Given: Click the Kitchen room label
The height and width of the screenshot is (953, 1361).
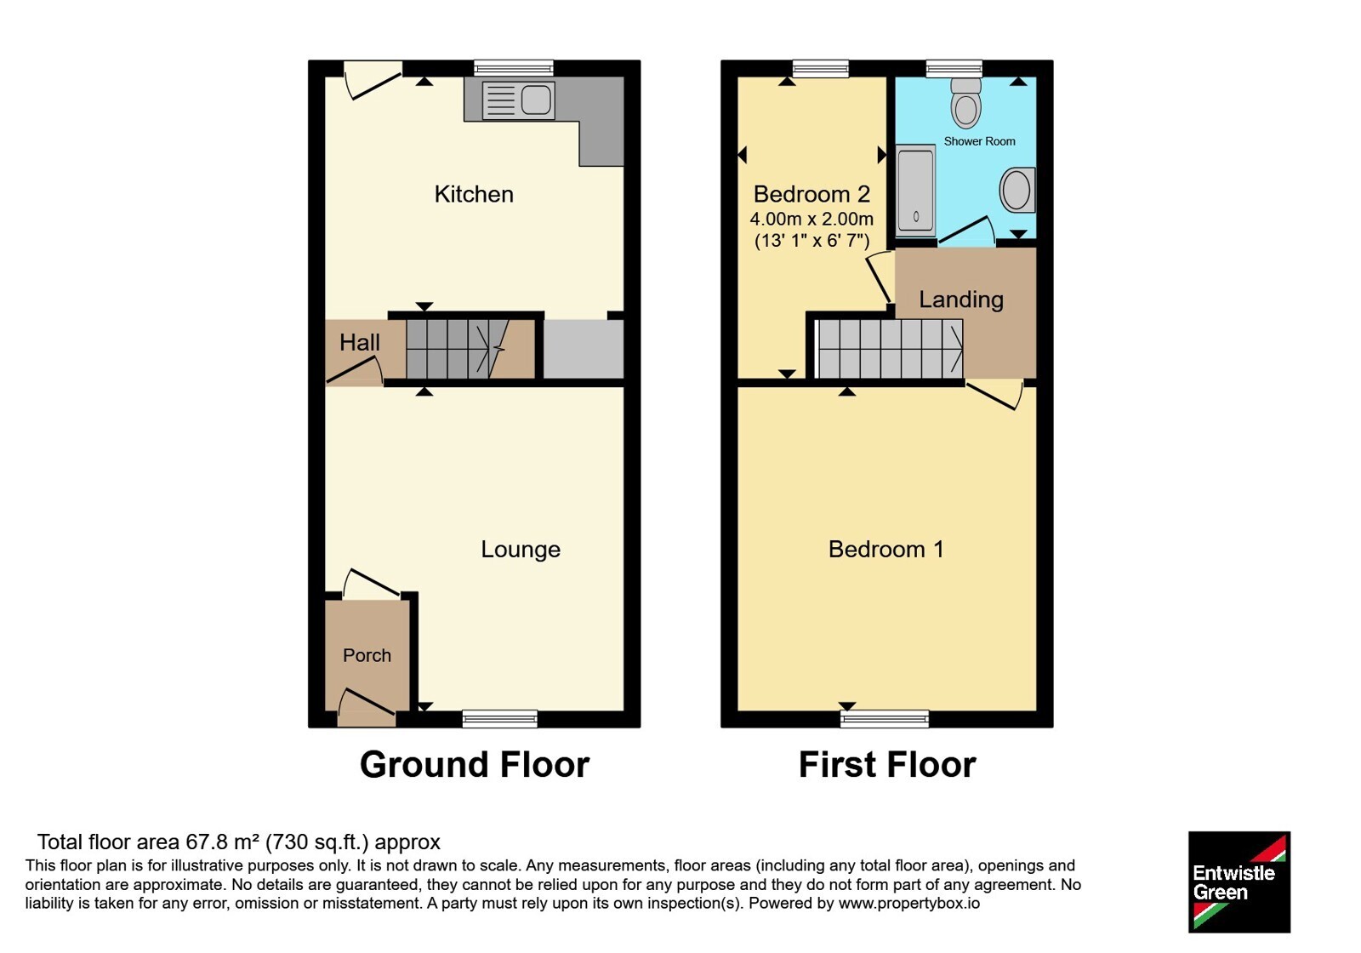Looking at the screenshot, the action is [x=474, y=195].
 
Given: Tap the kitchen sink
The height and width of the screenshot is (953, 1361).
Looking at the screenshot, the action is [x=518, y=100].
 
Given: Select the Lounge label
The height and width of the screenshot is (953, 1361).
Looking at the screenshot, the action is [x=521, y=550].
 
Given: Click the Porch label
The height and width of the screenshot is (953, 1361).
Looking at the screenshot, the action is [x=367, y=655].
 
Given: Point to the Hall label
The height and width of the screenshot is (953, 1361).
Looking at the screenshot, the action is [x=360, y=342].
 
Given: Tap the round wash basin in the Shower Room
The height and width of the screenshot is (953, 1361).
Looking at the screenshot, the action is [x=1017, y=191].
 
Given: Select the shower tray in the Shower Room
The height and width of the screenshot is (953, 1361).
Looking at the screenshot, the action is [x=915, y=191].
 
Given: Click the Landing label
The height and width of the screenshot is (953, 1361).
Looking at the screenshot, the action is [x=961, y=300].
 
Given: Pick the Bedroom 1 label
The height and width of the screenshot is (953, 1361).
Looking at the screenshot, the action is [x=886, y=550].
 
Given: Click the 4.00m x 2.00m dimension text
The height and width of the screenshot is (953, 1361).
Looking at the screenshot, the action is [x=811, y=219].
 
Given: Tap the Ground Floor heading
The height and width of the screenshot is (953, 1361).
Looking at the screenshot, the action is [x=475, y=765].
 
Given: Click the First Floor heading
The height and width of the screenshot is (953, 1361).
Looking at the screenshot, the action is [x=887, y=765].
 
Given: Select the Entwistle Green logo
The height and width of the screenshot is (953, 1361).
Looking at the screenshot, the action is [x=1239, y=882].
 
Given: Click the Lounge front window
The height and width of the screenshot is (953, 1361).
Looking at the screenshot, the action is [x=500, y=718].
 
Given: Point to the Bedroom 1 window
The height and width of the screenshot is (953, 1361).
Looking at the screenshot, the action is [x=885, y=718].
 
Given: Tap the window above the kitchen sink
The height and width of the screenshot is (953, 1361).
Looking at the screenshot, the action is [x=514, y=68].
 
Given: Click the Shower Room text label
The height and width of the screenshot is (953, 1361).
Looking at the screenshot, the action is [x=979, y=141].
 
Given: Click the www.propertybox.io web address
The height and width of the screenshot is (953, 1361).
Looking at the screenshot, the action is [x=909, y=903].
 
